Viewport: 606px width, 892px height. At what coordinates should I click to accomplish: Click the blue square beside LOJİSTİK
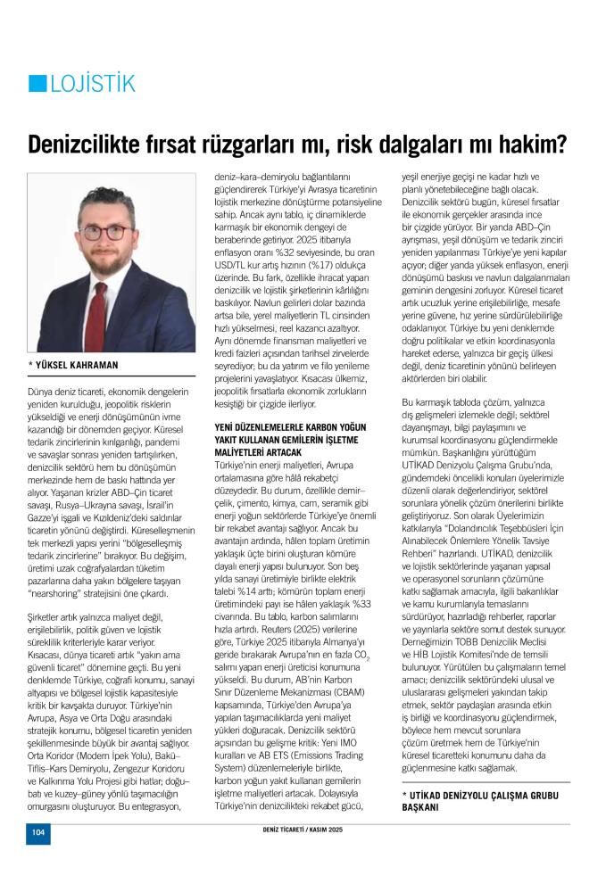coord(37,84)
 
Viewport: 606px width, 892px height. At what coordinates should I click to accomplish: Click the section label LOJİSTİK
coord(93,84)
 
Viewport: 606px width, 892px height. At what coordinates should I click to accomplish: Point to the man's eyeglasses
coord(104,232)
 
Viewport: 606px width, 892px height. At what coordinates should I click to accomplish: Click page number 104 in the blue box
coord(37,832)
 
